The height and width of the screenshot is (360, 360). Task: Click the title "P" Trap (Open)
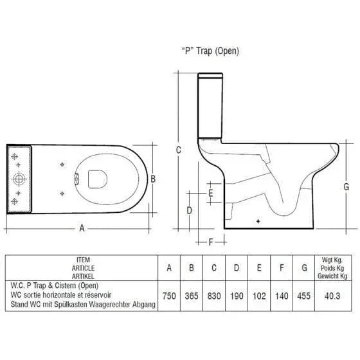tap(210, 51)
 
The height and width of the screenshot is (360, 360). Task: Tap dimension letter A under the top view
tap(82, 228)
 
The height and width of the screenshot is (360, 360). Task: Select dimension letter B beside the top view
tap(153, 179)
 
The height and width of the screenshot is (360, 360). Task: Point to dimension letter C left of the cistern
tap(179, 150)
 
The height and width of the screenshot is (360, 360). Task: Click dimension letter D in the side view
tap(189, 210)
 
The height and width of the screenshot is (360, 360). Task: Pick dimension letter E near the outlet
tap(211, 193)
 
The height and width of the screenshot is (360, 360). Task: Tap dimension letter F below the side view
tap(211, 242)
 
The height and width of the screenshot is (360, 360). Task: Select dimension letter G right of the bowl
tap(346, 186)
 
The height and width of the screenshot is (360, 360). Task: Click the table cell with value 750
tap(169, 296)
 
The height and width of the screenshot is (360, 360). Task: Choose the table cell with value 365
tap(192, 296)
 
